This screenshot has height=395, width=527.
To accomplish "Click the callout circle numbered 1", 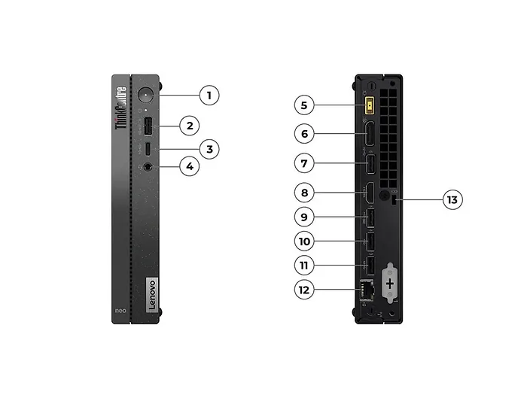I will pyautogui.click(x=210, y=96).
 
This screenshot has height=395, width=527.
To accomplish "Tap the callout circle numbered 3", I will pyautogui.click(x=210, y=149).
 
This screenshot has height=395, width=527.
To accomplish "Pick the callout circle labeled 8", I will pyautogui.click(x=305, y=193).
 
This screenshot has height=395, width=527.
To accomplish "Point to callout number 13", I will pyautogui.click(x=452, y=199).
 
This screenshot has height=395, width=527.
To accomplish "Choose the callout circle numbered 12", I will pyautogui.click(x=305, y=288).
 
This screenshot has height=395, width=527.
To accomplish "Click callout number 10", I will pyautogui.click(x=305, y=242).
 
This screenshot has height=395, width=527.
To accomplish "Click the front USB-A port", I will pyautogui.click(x=148, y=125).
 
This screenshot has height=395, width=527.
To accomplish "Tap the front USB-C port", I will pyautogui.click(x=148, y=147).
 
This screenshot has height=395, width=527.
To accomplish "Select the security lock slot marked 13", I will pyautogui.click(x=396, y=199).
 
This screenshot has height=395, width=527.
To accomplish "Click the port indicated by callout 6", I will pyautogui.click(x=370, y=135).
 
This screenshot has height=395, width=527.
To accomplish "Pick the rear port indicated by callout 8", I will pyautogui.click(x=370, y=193).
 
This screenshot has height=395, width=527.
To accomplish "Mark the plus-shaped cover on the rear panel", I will pyautogui.click(x=390, y=283).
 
